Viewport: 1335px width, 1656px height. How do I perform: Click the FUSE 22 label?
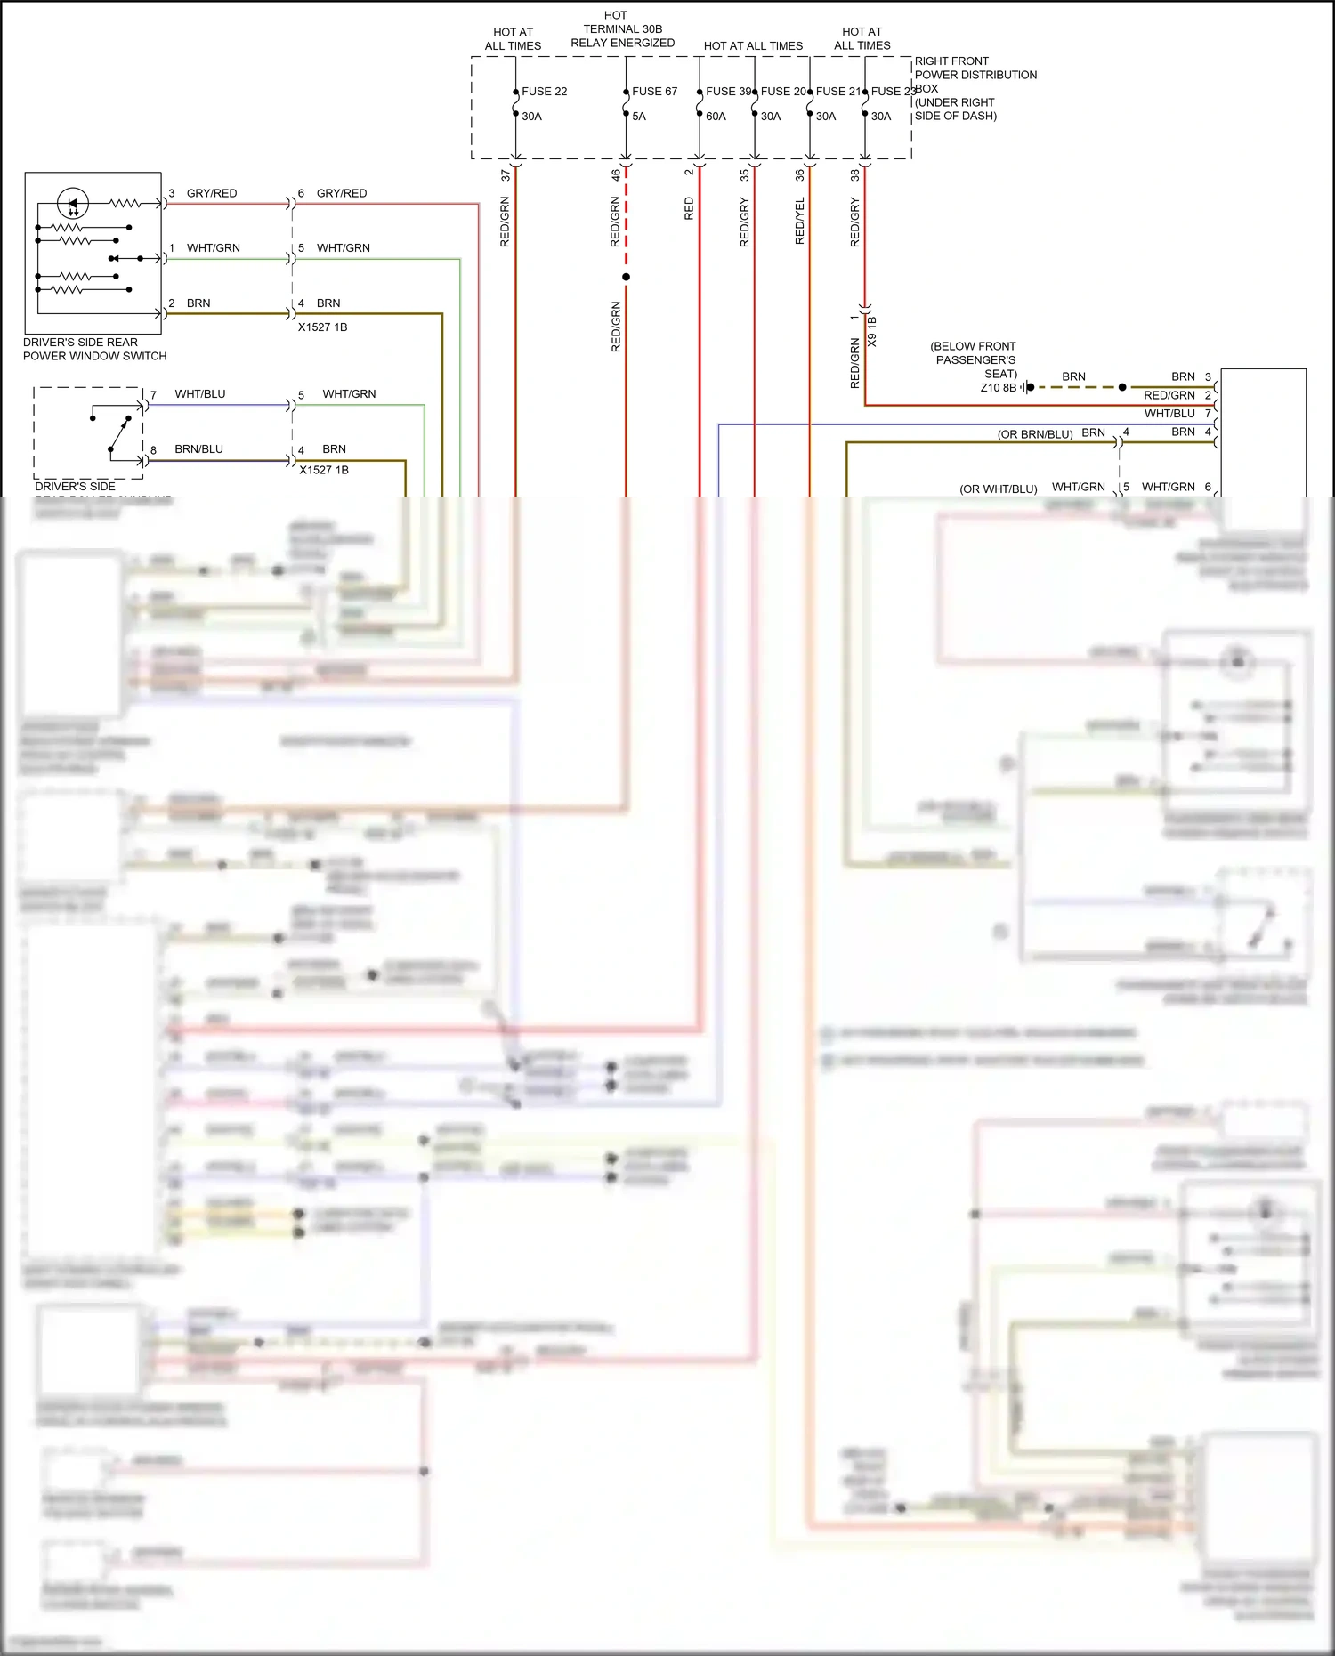[x=544, y=92]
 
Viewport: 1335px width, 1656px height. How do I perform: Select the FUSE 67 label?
[x=654, y=92]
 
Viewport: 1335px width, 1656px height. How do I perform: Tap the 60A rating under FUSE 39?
[x=716, y=117]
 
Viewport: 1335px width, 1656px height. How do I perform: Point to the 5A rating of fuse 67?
[x=639, y=117]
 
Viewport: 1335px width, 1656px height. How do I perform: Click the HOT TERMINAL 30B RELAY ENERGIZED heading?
[x=622, y=29]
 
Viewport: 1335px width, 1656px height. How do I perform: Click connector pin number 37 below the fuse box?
[x=506, y=175]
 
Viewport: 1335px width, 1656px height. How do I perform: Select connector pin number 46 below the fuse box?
[x=616, y=175]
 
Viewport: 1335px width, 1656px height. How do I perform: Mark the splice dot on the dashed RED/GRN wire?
[x=626, y=277]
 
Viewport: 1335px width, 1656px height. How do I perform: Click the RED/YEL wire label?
[x=799, y=221]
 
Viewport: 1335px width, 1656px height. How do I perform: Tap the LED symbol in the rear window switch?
[x=73, y=203]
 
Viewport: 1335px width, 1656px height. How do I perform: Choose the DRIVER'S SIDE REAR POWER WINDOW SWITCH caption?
[x=94, y=349]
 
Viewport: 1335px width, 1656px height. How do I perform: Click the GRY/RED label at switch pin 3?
[x=212, y=193]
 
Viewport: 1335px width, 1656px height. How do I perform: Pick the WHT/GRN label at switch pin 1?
[x=214, y=248]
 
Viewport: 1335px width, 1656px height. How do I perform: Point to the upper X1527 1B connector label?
[x=322, y=327]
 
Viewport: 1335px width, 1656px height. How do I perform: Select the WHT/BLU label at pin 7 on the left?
[x=200, y=394]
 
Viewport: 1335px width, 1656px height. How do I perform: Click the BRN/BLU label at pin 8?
[x=199, y=449]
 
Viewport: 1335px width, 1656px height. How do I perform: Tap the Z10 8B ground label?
[x=998, y=388]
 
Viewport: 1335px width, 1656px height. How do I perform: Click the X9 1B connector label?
[x=872, y=331]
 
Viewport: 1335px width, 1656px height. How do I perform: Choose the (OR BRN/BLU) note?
[x=1034, y=434]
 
